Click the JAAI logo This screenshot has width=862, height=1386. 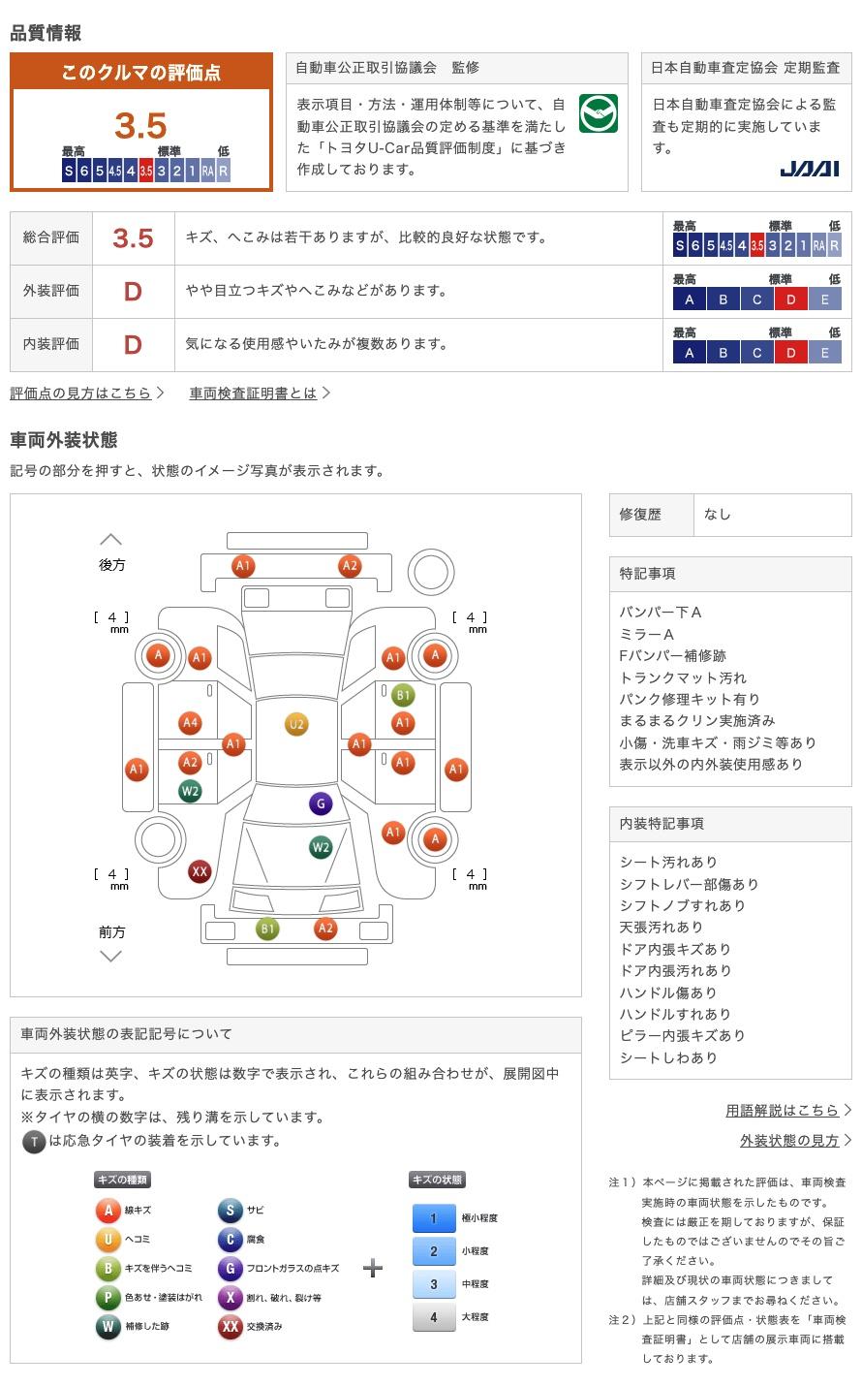pos(809,169)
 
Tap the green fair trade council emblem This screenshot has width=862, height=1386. pos(598,113)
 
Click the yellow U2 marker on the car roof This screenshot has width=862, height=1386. pos(296,725)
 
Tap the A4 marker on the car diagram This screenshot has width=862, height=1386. pos(190,723)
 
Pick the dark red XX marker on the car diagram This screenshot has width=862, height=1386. pos(200,871)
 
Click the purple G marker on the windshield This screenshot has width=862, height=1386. pos(321,803)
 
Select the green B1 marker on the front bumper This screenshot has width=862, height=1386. pos(267,929)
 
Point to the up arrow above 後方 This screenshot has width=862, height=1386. pos(110,540)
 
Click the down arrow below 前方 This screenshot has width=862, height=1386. pos(110,956)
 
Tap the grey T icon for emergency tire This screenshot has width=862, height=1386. pos(34,1142)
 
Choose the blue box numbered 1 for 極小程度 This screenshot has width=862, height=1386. pos(434,1217)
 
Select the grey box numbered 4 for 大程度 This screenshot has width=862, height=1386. pos(434,1317)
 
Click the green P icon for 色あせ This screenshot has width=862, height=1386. pos(108,1298)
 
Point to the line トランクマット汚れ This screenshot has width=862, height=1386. pos(683,677)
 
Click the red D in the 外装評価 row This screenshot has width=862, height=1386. pos(133,292)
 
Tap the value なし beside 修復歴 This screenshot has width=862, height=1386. pos(718,515)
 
